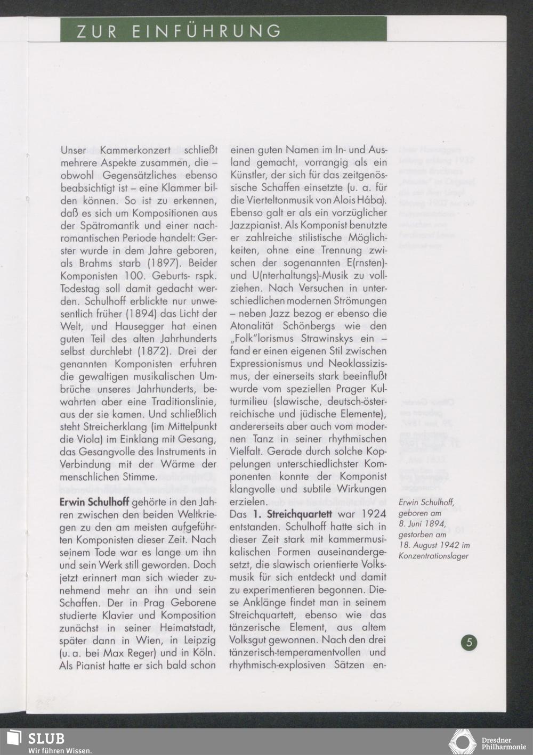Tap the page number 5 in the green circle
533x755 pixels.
469,642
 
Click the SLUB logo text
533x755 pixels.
46,739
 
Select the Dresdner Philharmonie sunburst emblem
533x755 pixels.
463,742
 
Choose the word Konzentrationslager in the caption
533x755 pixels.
433,555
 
